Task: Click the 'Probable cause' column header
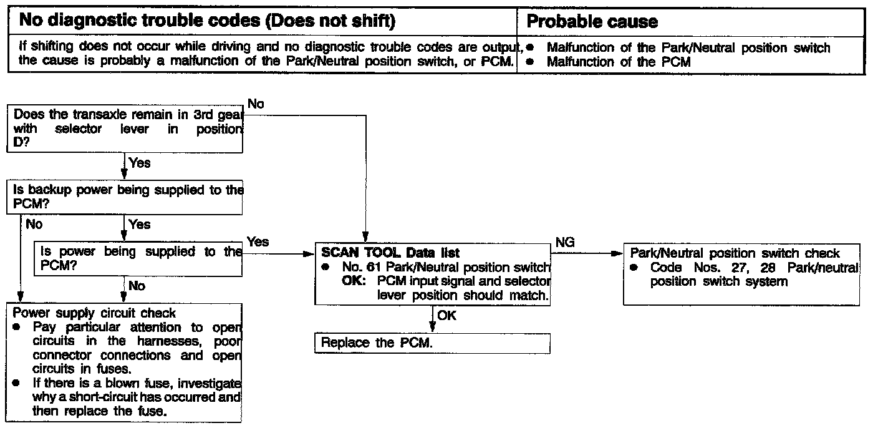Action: click(x=592, y=22)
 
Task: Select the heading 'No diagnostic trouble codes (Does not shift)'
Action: click(x=207, y=21)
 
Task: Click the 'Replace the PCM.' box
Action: click(x=432, y=343)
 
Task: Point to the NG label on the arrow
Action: click(x=564, y=243)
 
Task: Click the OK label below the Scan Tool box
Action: click(x=446, y=316)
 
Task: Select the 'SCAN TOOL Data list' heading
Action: click(x=390, y=253)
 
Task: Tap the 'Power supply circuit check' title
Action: click(x=94, y=313)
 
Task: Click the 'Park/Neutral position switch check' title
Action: click(x=735, y=253)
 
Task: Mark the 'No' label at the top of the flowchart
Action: click(x=256, y=104)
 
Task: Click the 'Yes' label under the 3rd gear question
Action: click(x=140, y=163)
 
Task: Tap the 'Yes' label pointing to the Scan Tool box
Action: click(x=258, y=241)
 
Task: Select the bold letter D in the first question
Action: click(x=17, y=143)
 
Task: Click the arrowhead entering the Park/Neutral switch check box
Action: click(x=618, y=253)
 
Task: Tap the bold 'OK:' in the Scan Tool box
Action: click(x=357, y=281)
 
